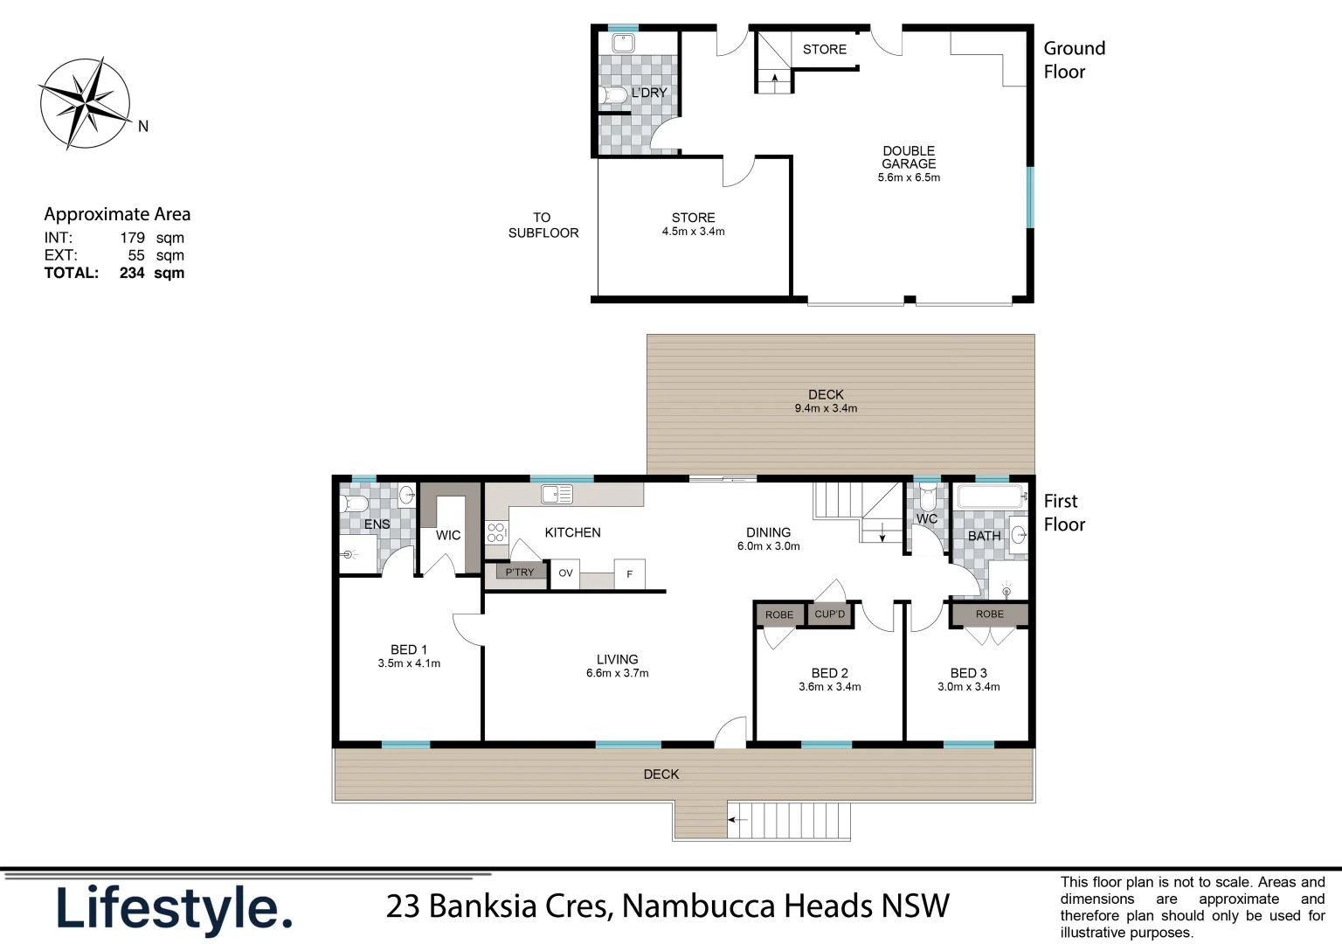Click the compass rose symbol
[86, 103]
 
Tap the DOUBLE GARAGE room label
[909, 157]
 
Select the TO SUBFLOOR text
[543, 226]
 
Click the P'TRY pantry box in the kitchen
[519, 573]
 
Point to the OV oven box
[565, 573]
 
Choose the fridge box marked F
[629, 574]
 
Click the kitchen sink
[557, 495]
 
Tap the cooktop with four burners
[496, 533]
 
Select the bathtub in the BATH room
[991, 498]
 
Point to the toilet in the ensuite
[355, 504]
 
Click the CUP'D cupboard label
[830, 614]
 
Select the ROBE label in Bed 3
[990, 614]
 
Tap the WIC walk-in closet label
[448, 536]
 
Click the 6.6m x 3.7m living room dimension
[617, 674]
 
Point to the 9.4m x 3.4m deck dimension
[826, 408]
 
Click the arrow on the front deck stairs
[738, 820]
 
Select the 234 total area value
[132, 273]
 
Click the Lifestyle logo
[174, 909]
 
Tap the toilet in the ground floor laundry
[613, 95]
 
